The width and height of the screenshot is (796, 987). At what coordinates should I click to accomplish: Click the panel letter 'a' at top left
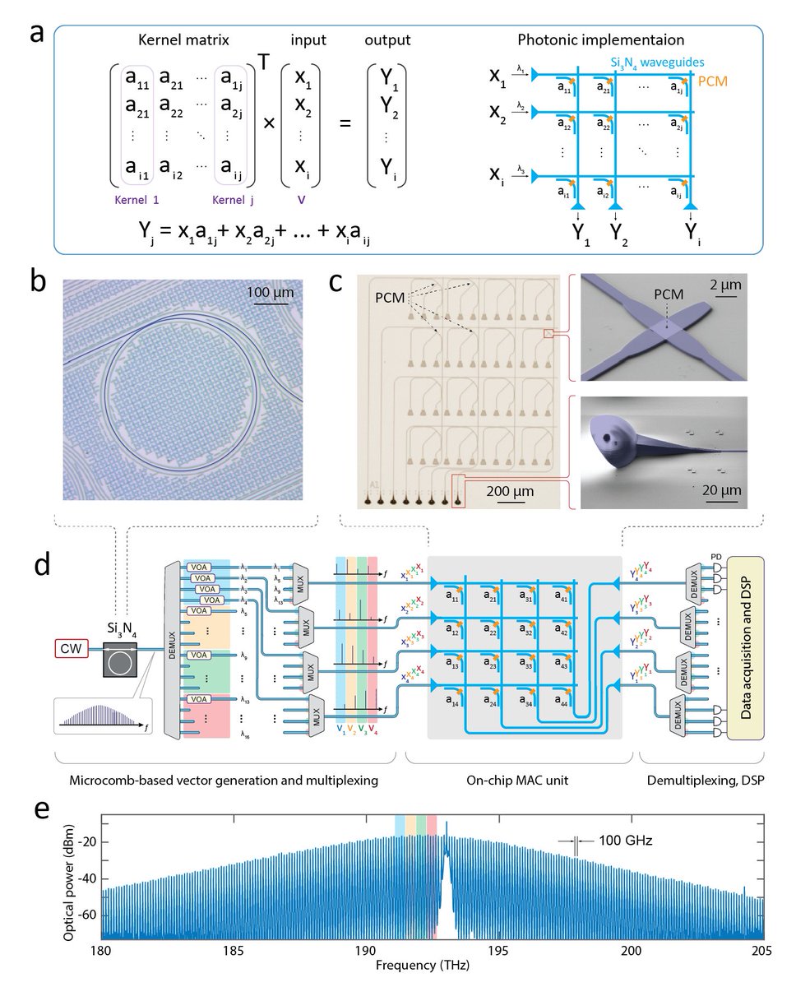click(34, 36)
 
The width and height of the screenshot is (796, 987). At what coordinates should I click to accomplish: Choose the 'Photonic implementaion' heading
click(616, 39)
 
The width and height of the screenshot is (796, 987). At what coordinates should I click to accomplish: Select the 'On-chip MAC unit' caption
click(524, 778)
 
